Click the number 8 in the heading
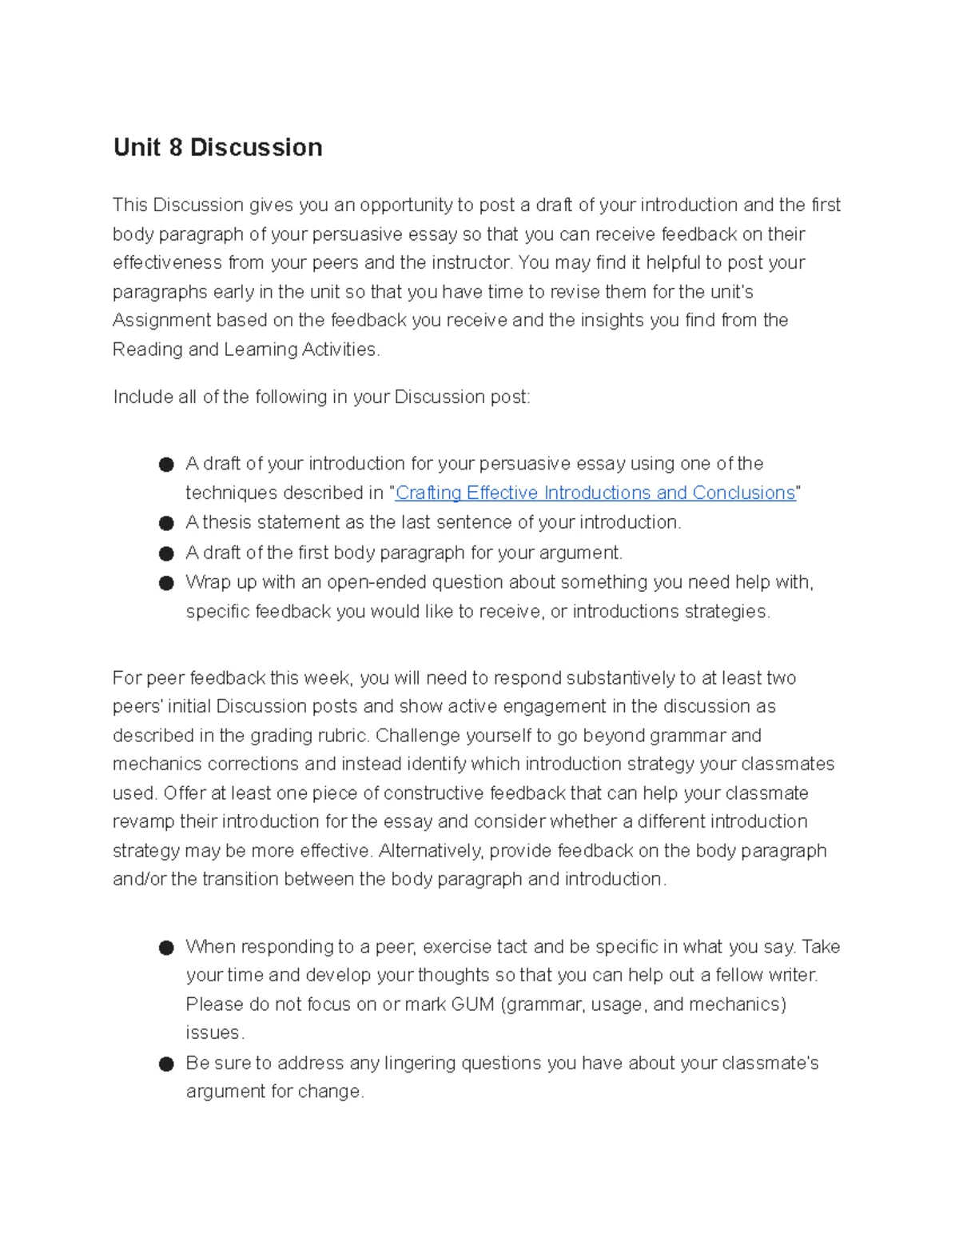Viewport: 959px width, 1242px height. coord(175,148)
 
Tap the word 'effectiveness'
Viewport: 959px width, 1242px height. coord(167,263)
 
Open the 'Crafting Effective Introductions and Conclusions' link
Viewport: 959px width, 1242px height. coord(595,493)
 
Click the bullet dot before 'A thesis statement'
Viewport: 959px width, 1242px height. coord(166,523)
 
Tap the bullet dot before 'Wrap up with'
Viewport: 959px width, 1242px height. coord(166,583)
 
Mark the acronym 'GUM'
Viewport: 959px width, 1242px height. coord(472,1004)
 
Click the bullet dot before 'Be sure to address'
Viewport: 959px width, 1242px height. coord(166,1064)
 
